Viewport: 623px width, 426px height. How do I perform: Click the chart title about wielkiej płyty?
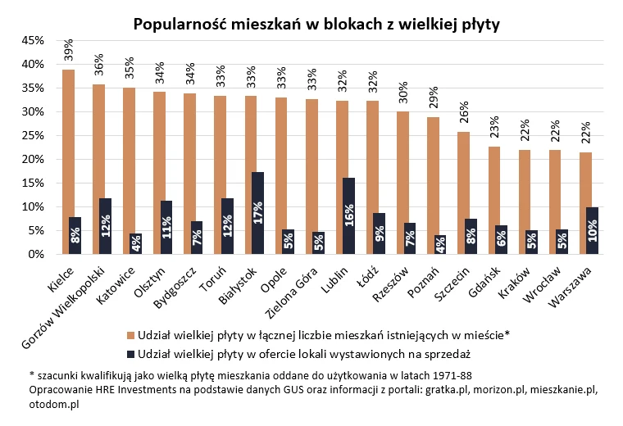tap(316, 24)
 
